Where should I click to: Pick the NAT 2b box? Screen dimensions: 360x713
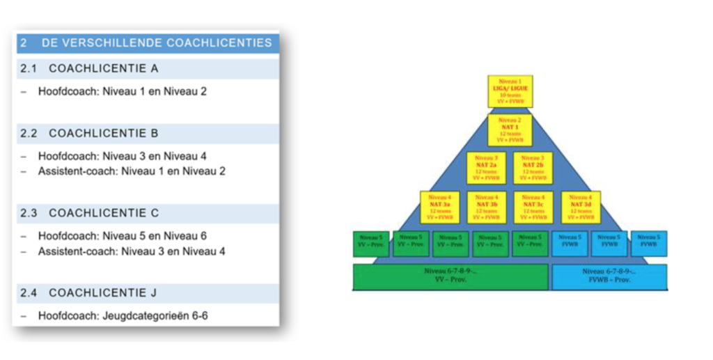click(533, 168)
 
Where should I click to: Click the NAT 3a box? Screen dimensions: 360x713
click(439, 207)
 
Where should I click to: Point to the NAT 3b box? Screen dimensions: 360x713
click(487, 207)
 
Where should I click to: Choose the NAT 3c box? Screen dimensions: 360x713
click(533, 207)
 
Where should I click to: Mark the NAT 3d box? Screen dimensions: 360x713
click(580, 207)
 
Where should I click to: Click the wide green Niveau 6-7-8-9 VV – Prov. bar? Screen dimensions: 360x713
click(451, 276)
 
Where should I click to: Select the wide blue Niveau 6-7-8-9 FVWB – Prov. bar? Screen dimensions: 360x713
click(609, 276)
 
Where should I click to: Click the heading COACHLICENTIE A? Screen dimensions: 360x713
click(103, 69)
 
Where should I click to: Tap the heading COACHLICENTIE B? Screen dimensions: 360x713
click(103, 133)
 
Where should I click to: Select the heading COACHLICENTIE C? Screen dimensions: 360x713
click(103, 213)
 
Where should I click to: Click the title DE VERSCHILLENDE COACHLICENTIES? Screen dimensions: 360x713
click(156, 43)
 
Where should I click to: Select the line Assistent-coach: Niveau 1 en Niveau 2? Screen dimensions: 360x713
click(132, 171)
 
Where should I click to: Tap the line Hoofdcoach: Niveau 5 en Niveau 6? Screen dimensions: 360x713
click(122, 236)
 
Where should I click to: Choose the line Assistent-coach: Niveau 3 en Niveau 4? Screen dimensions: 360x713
click(132, 251)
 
